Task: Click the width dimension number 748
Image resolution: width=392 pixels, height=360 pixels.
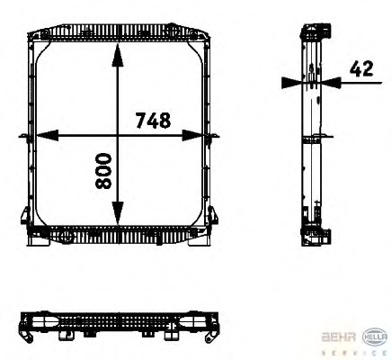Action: pos(153,121)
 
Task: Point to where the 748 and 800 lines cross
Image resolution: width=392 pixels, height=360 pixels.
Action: pos(117,137)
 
